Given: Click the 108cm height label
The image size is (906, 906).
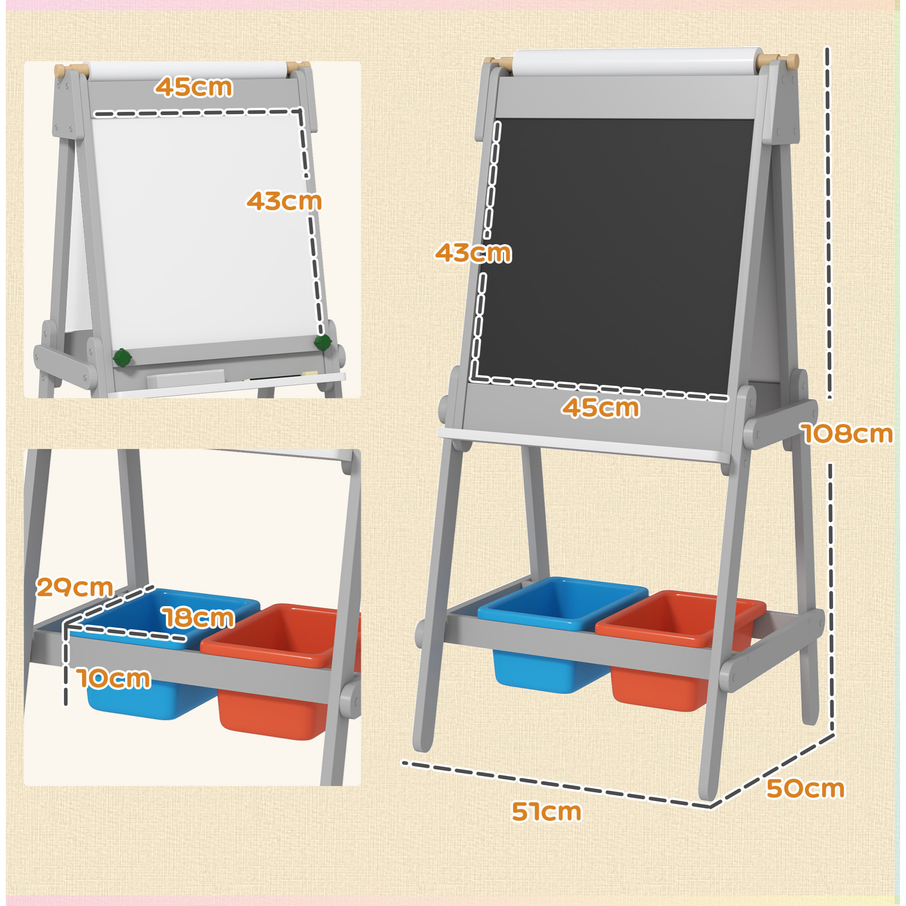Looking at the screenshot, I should coord(848,434).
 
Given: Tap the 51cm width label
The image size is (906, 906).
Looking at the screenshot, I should coord(546,811).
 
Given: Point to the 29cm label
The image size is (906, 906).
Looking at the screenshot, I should coord(75,587).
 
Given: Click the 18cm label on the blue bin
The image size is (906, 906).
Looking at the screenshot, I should coord(199,617).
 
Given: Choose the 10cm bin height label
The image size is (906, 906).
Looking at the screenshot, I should coord(114,679).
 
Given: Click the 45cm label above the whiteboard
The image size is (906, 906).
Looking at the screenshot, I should coord(194,87).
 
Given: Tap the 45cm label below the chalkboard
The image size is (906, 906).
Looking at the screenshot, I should coord(600,408).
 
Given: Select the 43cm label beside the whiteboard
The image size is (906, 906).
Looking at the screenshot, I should coord(284,201).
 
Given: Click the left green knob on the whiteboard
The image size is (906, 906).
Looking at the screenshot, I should coord(122,358).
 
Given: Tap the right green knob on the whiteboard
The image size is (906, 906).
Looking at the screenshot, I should coord(323,342).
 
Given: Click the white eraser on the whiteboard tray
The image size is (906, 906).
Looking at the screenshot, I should coord(186,378).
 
